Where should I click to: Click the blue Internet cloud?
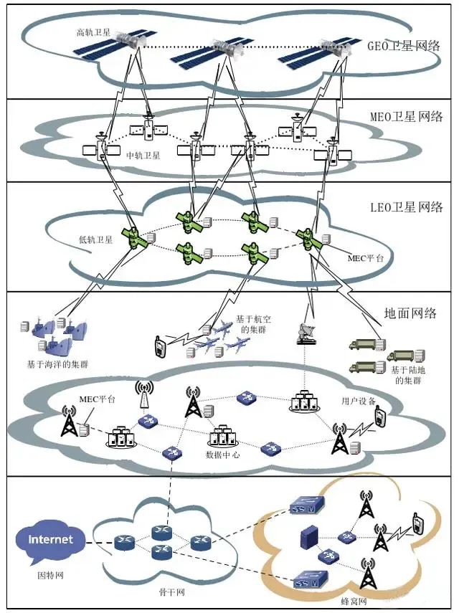coord(50,539)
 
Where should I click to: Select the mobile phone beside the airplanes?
coord(161,346)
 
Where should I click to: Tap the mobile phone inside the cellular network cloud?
coord(415,526)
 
